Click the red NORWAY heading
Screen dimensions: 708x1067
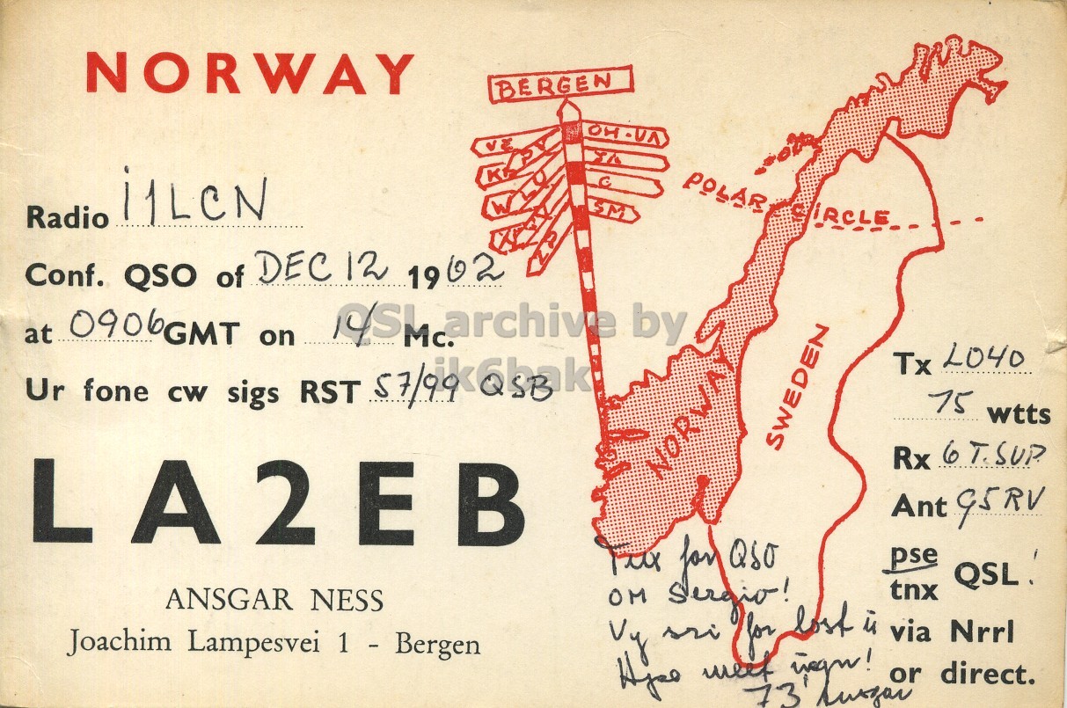[250, 73]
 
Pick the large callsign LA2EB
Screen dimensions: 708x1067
[279, 503]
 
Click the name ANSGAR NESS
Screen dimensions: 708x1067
[274, 601]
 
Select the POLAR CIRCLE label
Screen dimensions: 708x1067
[787, 200]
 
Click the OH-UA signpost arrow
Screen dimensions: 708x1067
[625, 135]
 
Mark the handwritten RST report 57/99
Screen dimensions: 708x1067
[416, 387]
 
